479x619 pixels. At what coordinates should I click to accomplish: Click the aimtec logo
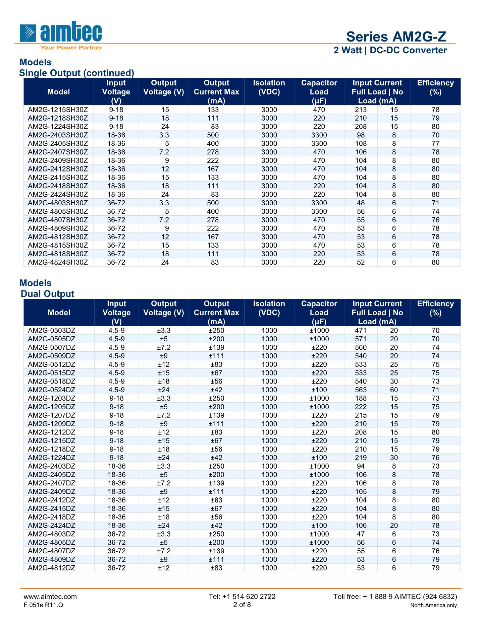pyautogui.click(x=61, y=33)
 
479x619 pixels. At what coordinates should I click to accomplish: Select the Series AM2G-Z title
pyautogui.click(x=396, y=37)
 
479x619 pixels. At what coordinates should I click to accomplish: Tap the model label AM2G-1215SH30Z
pyautogui.click(x=58, y=110)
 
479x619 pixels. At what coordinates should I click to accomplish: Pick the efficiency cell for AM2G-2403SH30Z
pyautogui.click(x=435, y=135)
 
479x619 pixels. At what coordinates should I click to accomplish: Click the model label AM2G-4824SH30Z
pyautogui.click(x=58, y=262)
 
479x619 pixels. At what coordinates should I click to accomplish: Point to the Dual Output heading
pyautogui.click(x=47, y=294)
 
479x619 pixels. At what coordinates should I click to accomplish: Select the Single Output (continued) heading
pyautogui.click(x=76, y=73)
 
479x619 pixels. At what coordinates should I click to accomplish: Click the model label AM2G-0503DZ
pyautogui.click(x=52, y=331)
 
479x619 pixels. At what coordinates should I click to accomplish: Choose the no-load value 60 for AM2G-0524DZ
pyautogui.click(x=394, y=390)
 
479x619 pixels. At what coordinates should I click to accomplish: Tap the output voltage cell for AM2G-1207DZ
pyautogui.click(x=164, y=415)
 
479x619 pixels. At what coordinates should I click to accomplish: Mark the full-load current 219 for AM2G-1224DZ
pyautogui.click(x=361, y=458)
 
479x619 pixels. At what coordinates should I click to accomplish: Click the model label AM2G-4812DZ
pyautogui.click(x=52, y=568)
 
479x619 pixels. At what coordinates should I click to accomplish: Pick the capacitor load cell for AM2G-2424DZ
pyautogui.click(x=319, y=526)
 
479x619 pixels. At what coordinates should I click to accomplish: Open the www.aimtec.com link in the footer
pyautogui.click(x=50, y=597)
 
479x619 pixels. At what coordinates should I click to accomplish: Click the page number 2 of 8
pyautogui.click(x=242, y=605)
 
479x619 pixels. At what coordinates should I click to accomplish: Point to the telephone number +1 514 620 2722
pyautogui.click(x=242, y=597)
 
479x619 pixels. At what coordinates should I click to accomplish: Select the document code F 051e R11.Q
pyautogui.click(x=43, y=605)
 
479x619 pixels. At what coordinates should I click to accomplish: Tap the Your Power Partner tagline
pyautogui.click(x=71, y=48)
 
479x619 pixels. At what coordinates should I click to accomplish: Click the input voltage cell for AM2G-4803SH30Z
pyautogui.click(x=116, y=203)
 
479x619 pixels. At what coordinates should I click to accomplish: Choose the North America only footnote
pyautogui.click(x=433, y=605)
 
